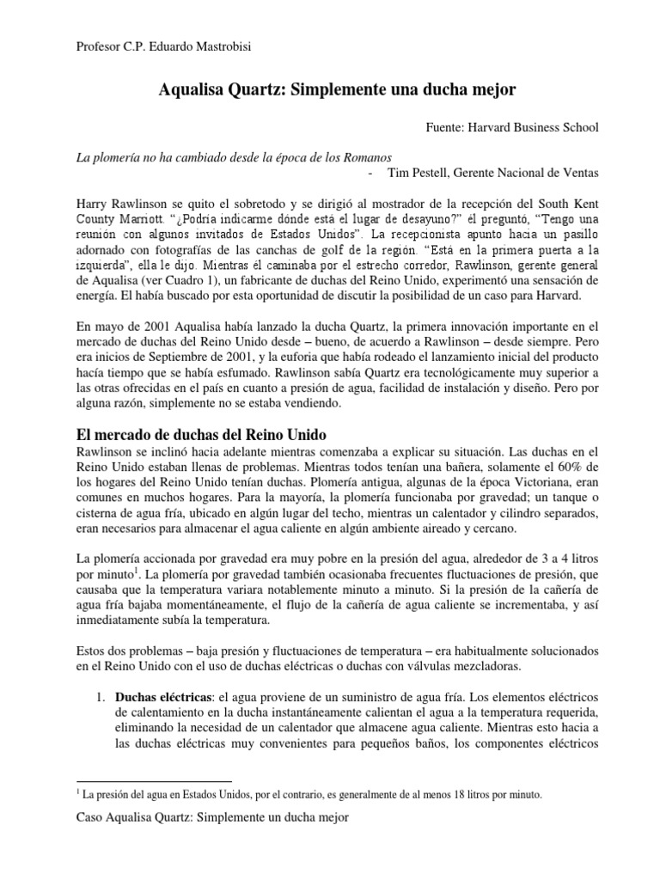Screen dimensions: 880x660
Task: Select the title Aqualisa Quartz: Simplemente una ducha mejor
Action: click(x=337, y=89)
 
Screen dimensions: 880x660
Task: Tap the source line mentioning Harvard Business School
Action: click(x=512, y=127)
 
